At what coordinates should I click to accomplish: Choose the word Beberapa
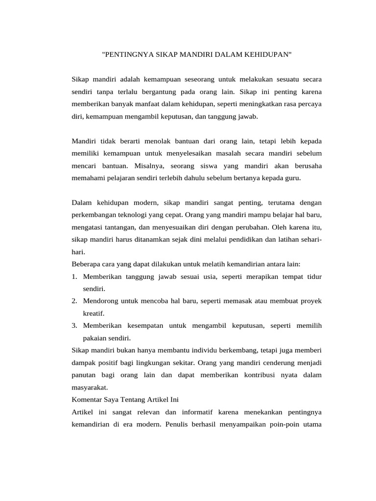tap(86, 264)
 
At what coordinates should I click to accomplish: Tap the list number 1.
tap(74, 277)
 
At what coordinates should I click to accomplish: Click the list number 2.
tap(74, 301)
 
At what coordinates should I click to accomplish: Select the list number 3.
tap(74, 325)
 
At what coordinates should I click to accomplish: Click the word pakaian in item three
tap(96, 338)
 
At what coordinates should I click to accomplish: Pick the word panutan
tap(85, 375)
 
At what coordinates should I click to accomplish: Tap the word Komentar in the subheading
tap(87, 400)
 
